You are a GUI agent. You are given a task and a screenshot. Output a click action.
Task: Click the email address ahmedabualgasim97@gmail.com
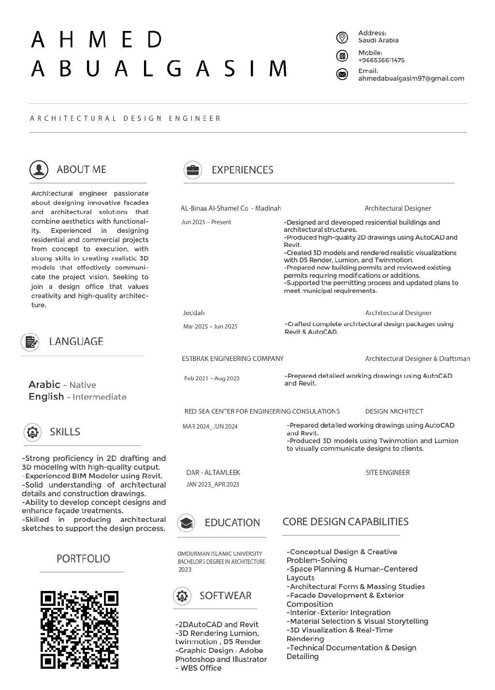[x=411, y=78]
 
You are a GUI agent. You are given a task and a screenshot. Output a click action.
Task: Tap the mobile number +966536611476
[x=381, y=60]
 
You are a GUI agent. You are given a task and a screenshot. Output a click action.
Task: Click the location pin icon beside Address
[x=342, y=38]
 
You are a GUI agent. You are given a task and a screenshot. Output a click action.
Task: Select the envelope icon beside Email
[x=342, y=74]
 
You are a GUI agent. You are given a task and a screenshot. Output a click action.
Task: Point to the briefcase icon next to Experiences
[x=192, y=170]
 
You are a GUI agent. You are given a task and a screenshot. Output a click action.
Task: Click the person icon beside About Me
[x=39, y=170]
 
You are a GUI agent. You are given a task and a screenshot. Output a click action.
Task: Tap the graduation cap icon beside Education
[x=186, y=523]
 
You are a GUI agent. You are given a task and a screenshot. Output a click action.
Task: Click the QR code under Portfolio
[x=79, y=630]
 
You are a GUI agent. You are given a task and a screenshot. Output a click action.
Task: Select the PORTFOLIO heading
[x=83, y=559]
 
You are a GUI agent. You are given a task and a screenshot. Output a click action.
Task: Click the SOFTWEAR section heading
[x=225, y=596]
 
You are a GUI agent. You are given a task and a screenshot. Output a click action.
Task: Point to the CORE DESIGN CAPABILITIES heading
[x=345, y=522]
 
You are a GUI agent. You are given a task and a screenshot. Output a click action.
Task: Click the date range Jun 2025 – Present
[x=206, y=222]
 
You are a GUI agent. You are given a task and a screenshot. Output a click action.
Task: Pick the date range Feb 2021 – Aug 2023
[x=212, y=378]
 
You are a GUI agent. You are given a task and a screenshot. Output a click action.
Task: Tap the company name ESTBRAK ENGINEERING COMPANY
[x=233, y=359]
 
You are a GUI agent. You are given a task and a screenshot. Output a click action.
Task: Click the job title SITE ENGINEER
[x=388, y=473]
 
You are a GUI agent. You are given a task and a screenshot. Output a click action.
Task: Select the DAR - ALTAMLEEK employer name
[x=213, y=473]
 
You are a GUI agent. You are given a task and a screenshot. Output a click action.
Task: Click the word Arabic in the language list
[x=44, y=385]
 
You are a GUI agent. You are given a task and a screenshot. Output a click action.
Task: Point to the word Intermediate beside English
[x=100, y=397]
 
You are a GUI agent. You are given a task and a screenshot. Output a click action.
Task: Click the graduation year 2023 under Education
[x=185, y=570]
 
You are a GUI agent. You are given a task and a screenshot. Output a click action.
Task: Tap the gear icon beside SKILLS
[x=32, y=432]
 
